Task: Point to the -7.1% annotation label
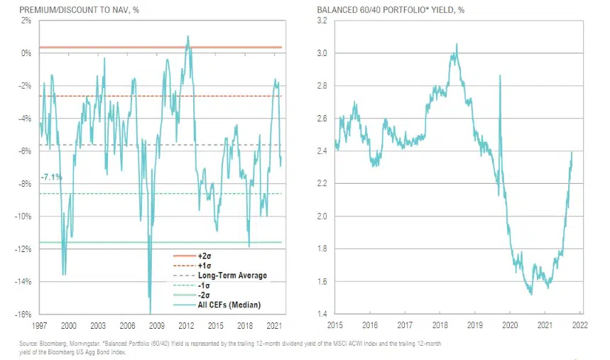(x=53, y=175)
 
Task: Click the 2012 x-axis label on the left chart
(x=187, y=325)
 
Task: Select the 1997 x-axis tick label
(x=40, y=325)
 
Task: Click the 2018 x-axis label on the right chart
(x=439, y=325)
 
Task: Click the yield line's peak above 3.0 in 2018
(x=457, y=44)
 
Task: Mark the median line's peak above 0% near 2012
(x=187, y=36)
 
